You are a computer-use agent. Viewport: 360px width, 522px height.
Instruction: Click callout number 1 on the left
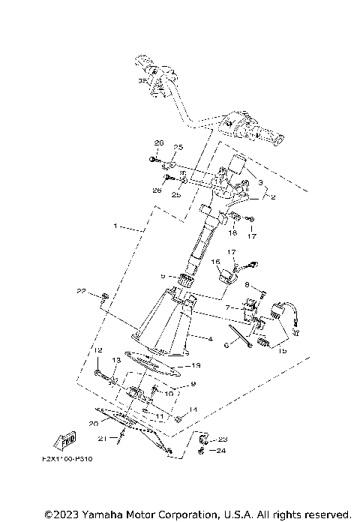click(x=115, y=225)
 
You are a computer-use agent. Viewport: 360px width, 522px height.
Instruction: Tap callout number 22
click(x=81, y=290)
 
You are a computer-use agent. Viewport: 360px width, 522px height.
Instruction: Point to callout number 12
click(x=97, y=351)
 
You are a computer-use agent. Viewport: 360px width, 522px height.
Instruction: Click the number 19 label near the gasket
click(x=196, y=365)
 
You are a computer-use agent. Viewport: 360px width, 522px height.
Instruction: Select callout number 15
click(x=282, y=349)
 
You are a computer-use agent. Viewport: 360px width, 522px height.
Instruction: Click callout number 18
click(x=232, y=234)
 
